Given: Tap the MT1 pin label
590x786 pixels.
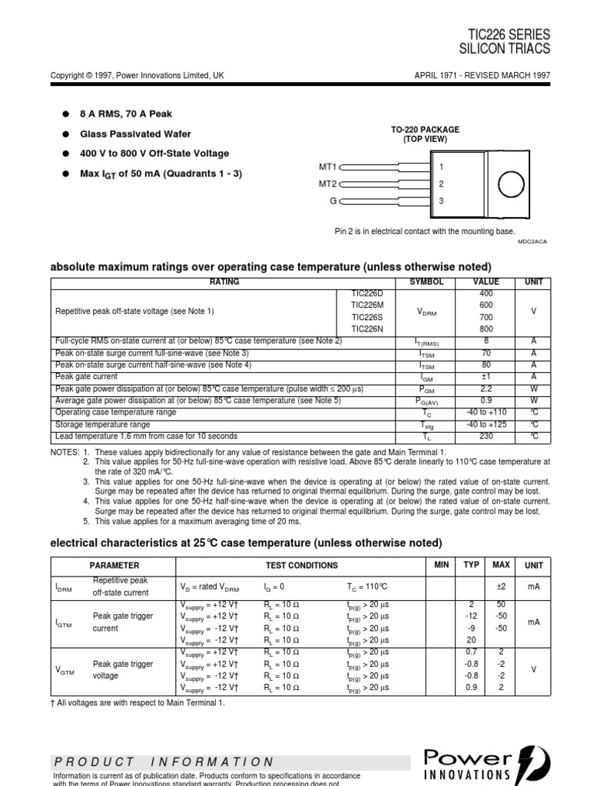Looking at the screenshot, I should click(328, 167).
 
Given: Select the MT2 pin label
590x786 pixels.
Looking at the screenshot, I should click(328, 184).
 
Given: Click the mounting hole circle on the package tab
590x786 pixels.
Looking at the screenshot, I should click(511, 185).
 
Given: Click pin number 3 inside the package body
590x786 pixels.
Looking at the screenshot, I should click(442, 201).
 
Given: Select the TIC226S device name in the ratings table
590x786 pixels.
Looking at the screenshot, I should click(361, 317).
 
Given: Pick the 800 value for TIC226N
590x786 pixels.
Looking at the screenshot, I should click(486, 329).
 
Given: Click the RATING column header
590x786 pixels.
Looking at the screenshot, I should click(224, 282).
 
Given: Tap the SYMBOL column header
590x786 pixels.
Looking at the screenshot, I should click(426, 282).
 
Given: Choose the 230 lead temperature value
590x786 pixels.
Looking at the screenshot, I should click(486, 437).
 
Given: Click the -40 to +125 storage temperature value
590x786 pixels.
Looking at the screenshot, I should click(486, 424).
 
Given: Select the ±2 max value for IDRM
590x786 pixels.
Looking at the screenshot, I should click(501, 587).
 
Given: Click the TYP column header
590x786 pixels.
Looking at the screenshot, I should click(471, 566).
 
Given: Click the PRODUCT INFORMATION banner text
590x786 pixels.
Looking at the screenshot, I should click(164, 762).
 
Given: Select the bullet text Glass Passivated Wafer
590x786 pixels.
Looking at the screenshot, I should click(135, 134).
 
